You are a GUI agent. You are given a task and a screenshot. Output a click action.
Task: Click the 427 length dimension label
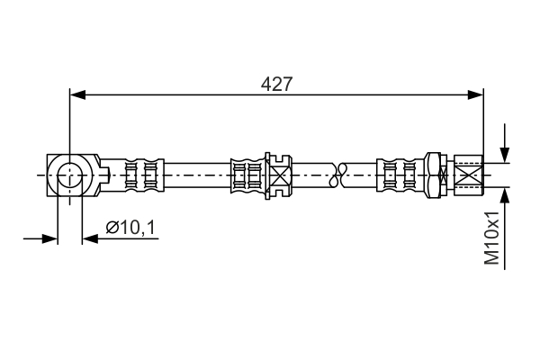276,84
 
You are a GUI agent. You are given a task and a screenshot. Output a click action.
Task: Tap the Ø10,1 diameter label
130,228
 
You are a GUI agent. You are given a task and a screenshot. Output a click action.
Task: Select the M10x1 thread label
491,238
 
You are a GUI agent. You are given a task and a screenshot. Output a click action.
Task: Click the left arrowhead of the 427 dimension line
77,94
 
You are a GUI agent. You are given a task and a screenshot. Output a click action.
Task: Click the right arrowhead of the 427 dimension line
475,94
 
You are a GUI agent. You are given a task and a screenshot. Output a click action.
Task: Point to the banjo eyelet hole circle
70,175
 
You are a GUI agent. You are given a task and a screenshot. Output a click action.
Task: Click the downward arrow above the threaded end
505,143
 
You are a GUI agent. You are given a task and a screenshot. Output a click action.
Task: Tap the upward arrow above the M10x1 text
505,229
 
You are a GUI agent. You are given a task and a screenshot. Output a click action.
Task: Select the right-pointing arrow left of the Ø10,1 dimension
40,238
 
